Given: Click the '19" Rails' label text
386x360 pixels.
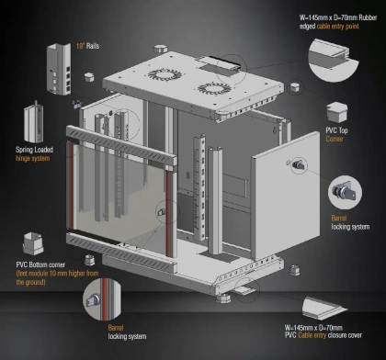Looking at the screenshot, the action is [x=87, y=46].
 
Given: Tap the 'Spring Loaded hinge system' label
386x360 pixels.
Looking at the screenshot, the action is [x=34, y=153].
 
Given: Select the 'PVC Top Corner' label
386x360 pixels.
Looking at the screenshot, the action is [x=336, y=134].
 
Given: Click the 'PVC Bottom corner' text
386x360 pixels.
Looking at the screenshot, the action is [x=40, y=264].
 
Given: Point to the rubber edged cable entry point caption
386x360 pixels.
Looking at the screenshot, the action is [x=338, y=22].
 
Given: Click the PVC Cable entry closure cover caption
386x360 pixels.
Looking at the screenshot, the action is [x=324, y=332].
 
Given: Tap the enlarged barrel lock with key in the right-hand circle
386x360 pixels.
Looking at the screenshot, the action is [x=346, y=192].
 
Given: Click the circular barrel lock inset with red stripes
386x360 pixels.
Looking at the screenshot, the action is [x=102, y=299].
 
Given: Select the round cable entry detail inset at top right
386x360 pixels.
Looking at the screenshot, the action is [x=334, y=60].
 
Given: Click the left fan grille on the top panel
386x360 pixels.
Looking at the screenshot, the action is [x=164, y=74].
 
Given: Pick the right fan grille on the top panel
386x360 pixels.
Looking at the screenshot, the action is [x=214, y=88].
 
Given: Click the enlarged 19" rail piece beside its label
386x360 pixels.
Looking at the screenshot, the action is [x=59, y=69].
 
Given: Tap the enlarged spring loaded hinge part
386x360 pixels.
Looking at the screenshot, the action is [x=34, y=123].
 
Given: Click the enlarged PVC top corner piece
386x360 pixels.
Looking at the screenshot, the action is [x=336, y=112].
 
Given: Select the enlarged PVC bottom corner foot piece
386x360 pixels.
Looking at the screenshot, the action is [x=33, y=243].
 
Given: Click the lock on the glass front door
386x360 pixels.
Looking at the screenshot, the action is [x=162, y=212].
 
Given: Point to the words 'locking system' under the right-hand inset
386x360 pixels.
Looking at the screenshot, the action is [x=350, y=227].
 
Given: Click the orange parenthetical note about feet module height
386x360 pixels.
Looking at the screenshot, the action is [x=57, y=277].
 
